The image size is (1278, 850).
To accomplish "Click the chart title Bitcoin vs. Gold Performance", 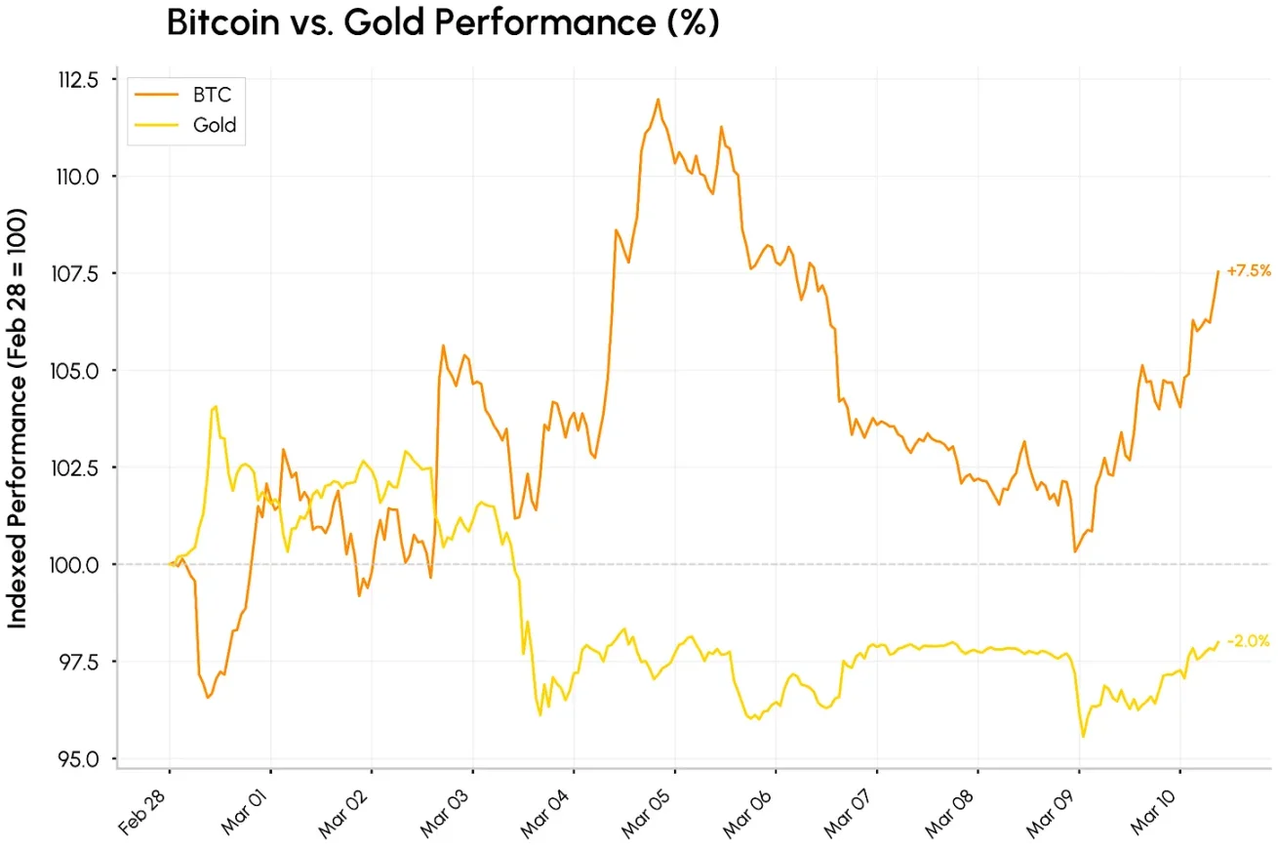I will [442, 23].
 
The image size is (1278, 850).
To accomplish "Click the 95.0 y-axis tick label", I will [80, 759].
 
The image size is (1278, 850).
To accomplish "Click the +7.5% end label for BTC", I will [1249, 271].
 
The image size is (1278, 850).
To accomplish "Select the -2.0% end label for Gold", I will [1249, 641].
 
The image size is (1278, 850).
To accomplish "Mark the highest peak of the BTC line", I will [658, 99].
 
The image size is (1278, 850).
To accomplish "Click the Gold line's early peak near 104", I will [215, 406].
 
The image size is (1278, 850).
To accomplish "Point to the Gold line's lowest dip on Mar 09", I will [1083, 737].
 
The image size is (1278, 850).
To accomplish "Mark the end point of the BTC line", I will [1218, 271].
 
